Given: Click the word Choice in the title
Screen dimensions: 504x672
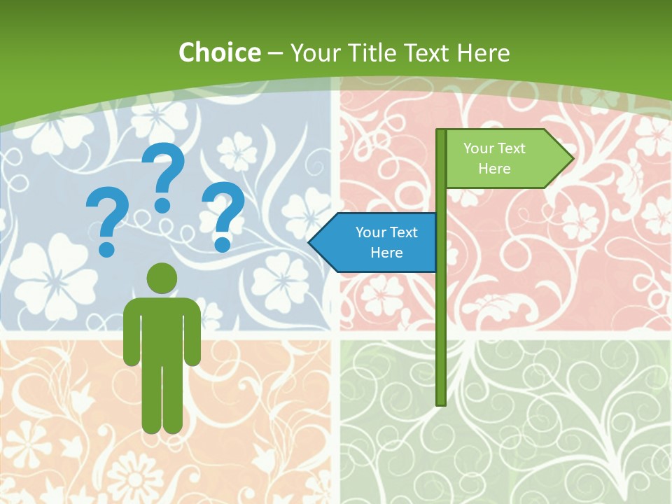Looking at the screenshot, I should pyautogui.click(x=219, y=52).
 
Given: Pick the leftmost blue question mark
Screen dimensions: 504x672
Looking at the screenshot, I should pyautogui.click(x=107, y=222).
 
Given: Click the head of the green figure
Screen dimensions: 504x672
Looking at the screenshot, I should pyautogui.click(x=162, y=278).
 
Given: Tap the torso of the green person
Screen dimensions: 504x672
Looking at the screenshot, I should pyautogui.click(x=162, y=329).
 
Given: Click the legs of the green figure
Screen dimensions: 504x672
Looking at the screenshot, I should pyautogui.click(x=162, y=399).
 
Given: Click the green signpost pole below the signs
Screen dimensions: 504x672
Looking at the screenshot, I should pyautogui.click(x=440, y=336).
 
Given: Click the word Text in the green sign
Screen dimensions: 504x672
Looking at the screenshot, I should pyautogui.click(x=511, y=148).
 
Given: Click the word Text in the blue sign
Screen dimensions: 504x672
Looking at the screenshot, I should pyautogui.click(x=403, y=232).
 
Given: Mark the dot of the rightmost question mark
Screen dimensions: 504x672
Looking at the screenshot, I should pyautogui.click(x=223, y=244).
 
